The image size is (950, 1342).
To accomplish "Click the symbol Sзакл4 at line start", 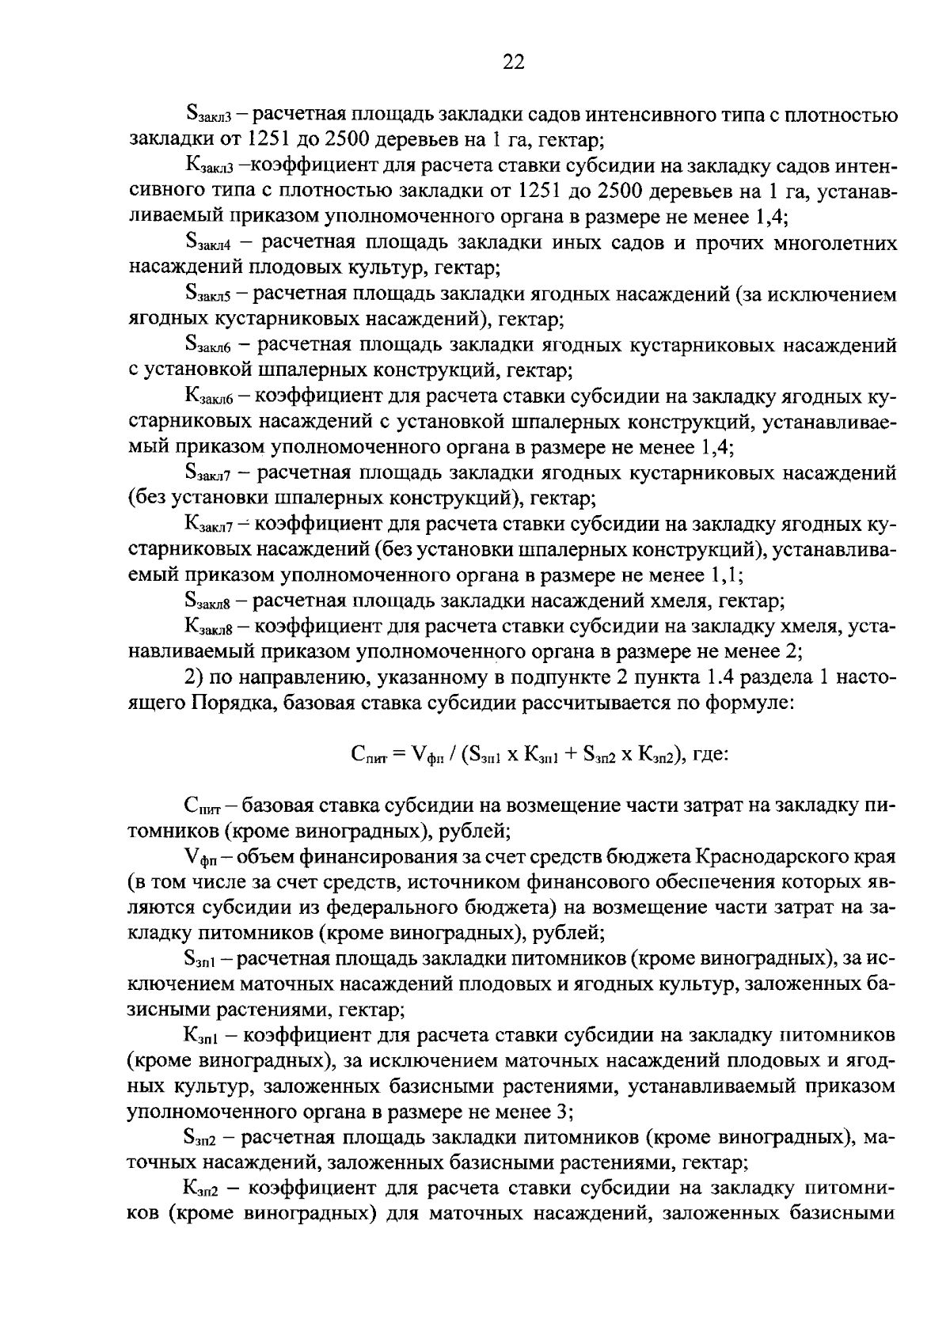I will click(207, 245).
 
